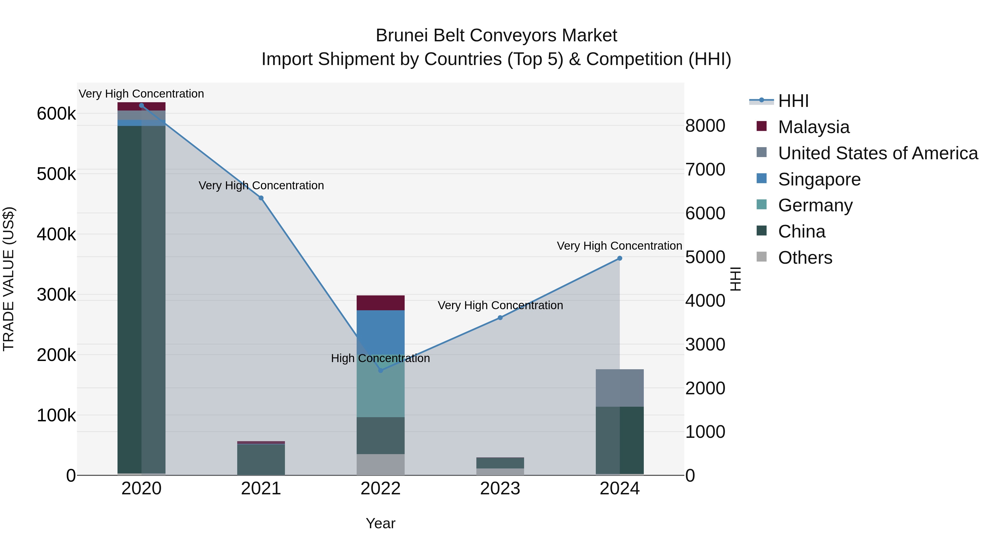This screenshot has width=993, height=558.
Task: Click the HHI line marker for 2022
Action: pyautogui.click(x=380, y=370)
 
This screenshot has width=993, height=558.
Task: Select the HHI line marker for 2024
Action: pyautogui.click(x=620, y=258)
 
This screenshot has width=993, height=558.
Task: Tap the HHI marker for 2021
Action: pyautogui.click(x=261, y=198)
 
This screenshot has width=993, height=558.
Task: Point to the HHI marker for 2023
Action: pyautogui.click(x=500, y=318)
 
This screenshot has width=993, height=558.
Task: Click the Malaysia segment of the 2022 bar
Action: pyautogui.click(x=380, y=303)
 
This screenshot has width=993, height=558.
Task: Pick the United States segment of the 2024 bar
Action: pyautogui.click(x=620, y=388)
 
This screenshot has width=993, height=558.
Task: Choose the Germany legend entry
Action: pyautogui.click(x=815, y=205)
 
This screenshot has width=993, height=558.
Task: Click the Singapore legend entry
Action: pyautogui.click(x=819, y=179)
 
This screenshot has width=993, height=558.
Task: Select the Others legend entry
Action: pyautogui.click(x=805, y=258)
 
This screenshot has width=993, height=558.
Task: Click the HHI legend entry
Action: pyautogui.click(x=793, y=101)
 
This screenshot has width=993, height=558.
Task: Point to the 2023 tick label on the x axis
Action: pyautogui.click(x=500, y=489)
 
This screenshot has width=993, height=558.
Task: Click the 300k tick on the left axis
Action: pyautogui.click(x=56, y=295)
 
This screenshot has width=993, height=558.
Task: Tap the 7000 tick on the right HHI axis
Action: pyautogui.click(x=705, y=169)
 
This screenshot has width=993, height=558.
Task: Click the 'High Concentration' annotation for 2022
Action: pyautogui.click(x=380, y=358)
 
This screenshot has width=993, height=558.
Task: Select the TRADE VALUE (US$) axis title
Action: pyautogui.click(x=9, y=279)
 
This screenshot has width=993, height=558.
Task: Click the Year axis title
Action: pyautogui.click(x=380, y=523)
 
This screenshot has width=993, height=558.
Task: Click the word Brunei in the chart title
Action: pyautogui.click(x=402, y=36)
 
